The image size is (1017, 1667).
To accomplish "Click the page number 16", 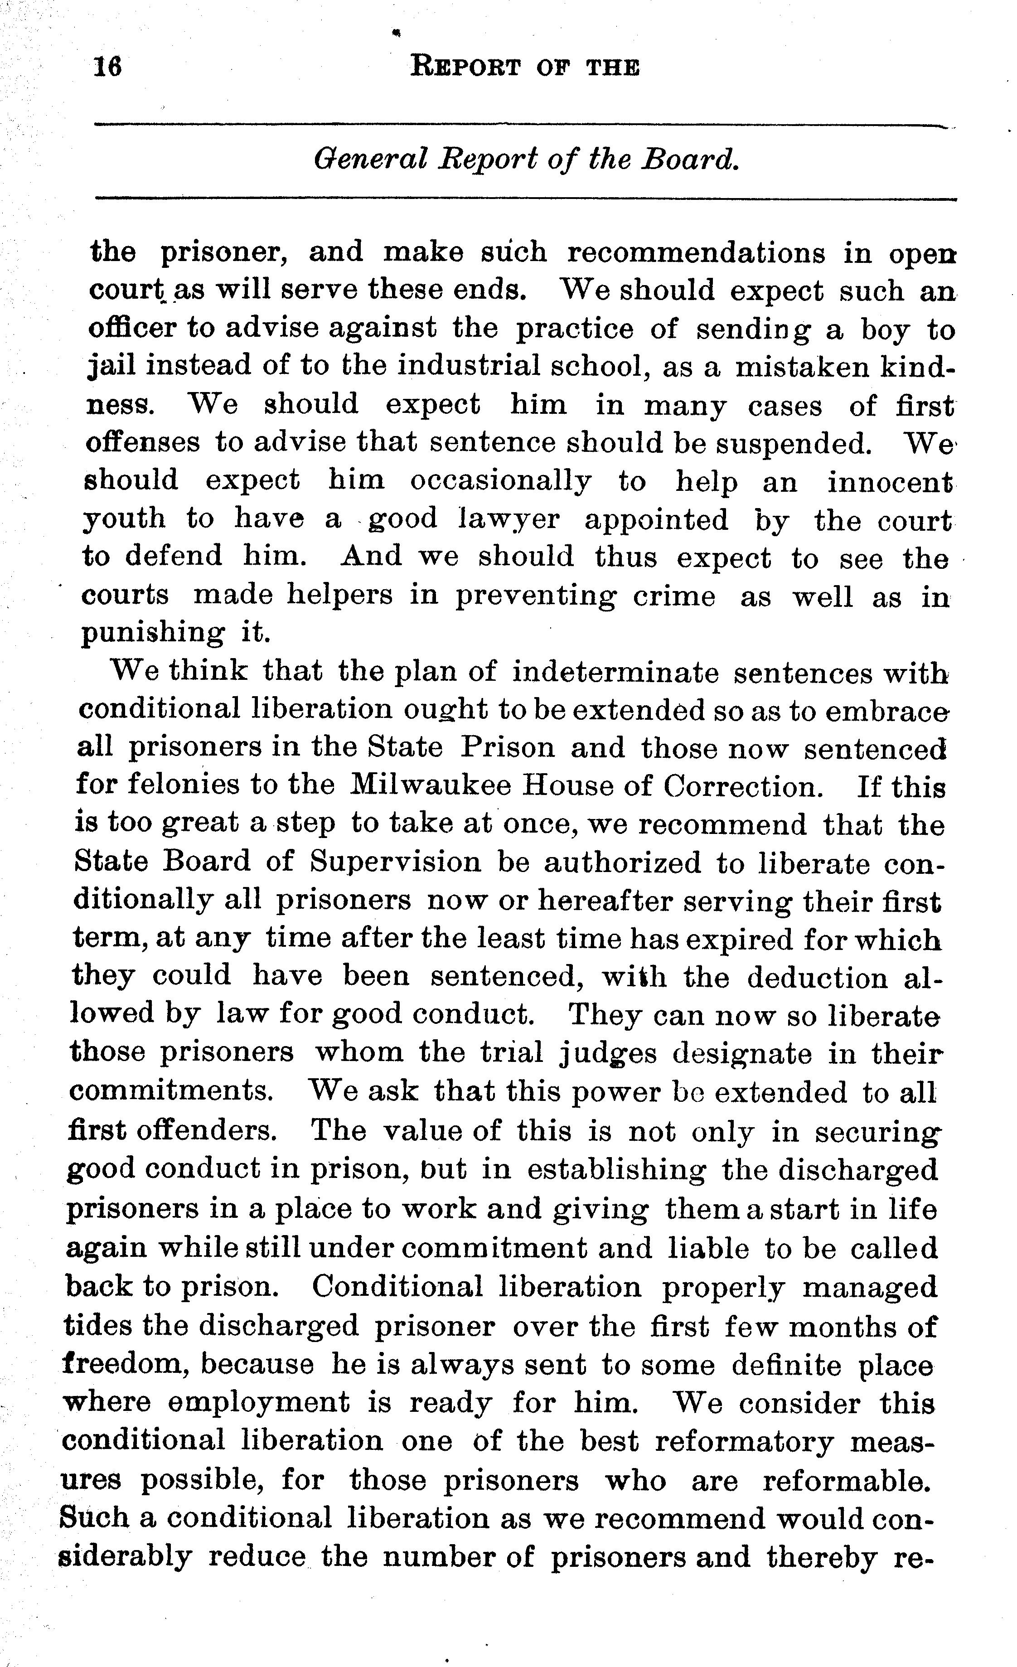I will [107, 67].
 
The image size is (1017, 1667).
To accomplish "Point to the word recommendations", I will [696, 252].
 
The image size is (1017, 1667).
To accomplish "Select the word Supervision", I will [396, 862].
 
